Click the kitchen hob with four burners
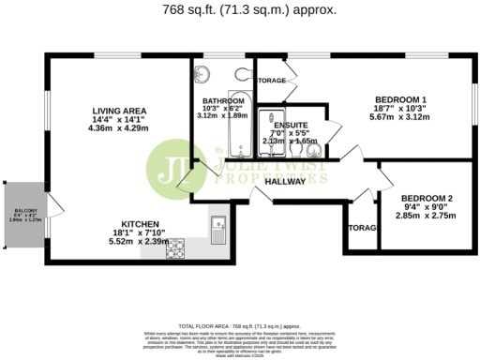click(175, 249)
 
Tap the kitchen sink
click(218, 226)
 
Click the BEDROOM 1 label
click(400, 99)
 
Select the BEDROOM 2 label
click(427, 198)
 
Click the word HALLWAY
click(285, 181)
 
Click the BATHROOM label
click(223, 100)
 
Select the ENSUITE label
click(291, 124)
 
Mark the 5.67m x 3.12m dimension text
click(400, 117)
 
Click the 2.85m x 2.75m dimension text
click(427, 216)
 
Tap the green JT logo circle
click(172, 165)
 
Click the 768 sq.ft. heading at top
click(241, 10)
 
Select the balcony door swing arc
click(54, 205)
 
